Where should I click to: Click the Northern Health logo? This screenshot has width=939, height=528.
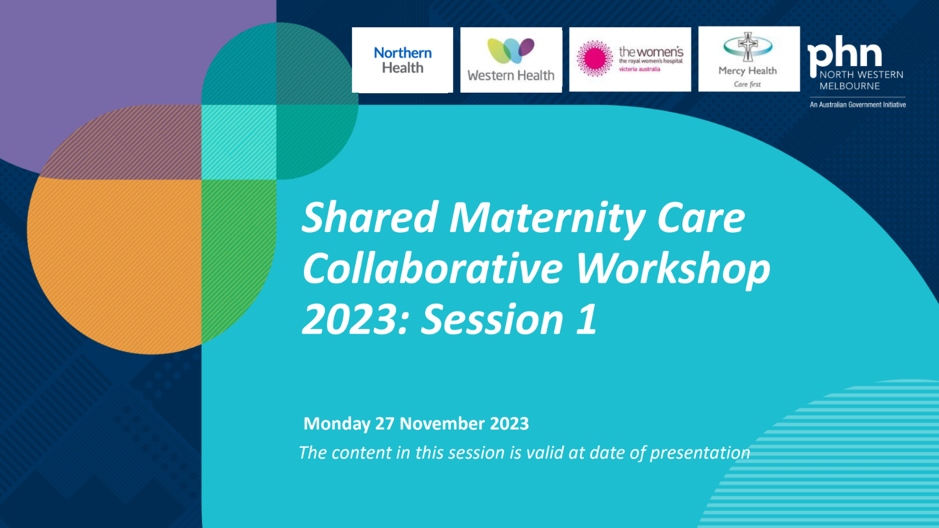(402, 60)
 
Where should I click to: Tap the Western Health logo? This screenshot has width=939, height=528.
(511, 60)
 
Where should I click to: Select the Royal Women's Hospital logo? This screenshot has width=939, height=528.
(630, 60)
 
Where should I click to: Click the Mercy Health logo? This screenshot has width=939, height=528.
(747, 60)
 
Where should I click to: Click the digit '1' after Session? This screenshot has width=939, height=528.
(586, 319)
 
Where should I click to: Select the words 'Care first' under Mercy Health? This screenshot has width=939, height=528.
(747, 84)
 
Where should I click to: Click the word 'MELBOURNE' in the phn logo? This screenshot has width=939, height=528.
(850, 86)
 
